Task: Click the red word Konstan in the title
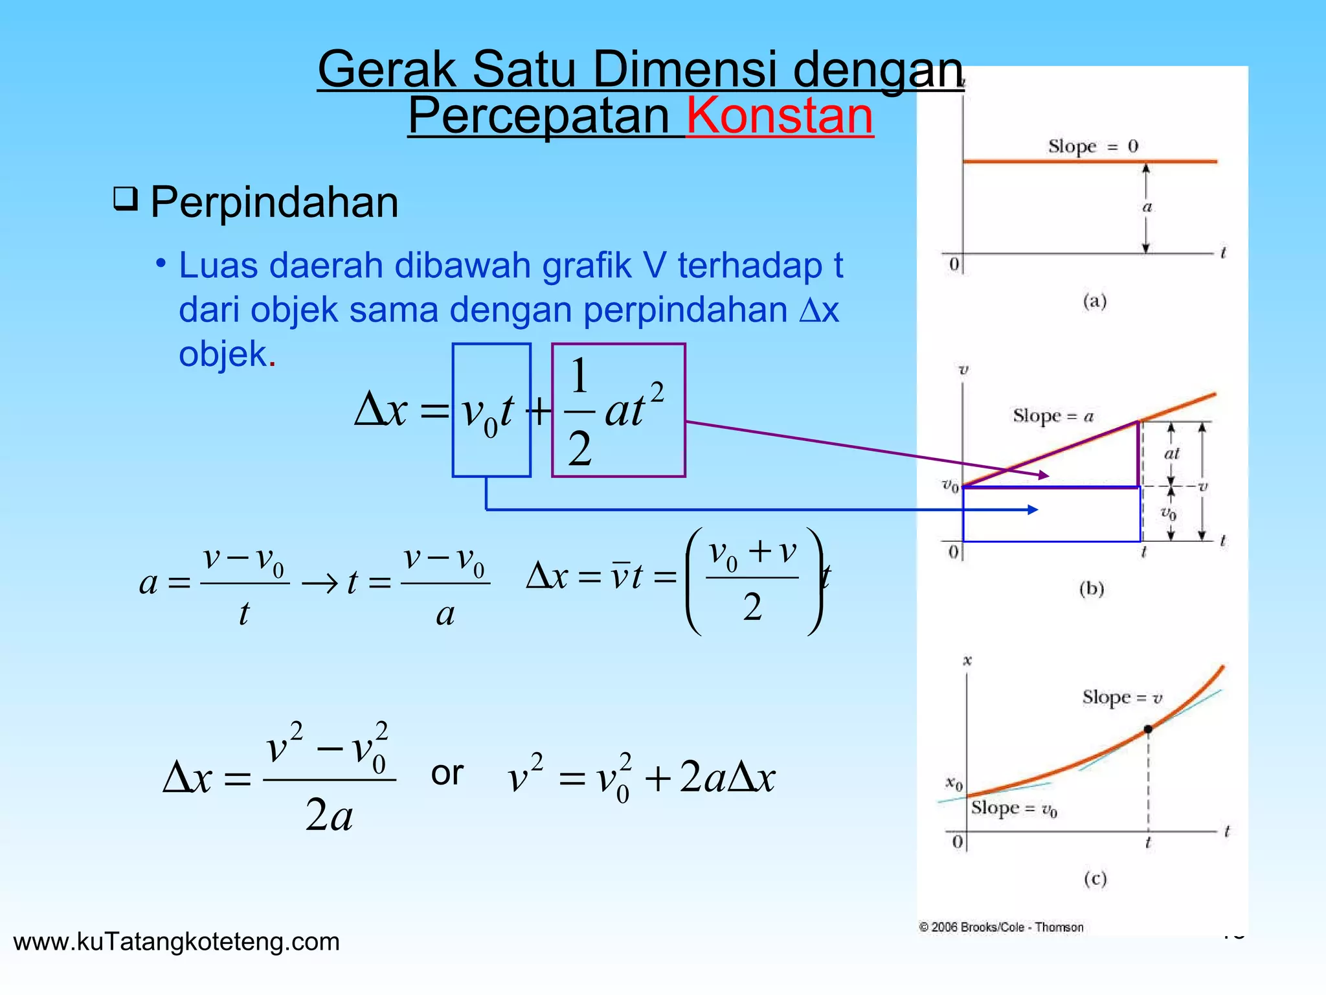pos(780,116)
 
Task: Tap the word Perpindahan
pos(274,202)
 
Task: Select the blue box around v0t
pos(491,410)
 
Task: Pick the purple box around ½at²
pos(618,410)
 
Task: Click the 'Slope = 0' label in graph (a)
pos(1093,146)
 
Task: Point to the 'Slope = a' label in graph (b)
pos(1053,416)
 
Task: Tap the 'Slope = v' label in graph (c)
pos(1122,698)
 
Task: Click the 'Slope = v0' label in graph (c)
pos(1014,808)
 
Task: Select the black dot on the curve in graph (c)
pos(1148,729)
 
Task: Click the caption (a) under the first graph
pos(1095,301)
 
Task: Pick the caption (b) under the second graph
pos(1092,589)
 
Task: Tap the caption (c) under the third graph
pos(1095,879)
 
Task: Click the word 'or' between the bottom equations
pos(447,773)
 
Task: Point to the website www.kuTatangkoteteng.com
pos(176,941)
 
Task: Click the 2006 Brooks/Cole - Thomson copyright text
pos(1001,927)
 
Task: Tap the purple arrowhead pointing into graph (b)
pos(1043,475)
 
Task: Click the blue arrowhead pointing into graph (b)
pos(1033,510)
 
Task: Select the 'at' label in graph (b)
pos(1172,453)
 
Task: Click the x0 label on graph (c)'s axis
pos(954,784)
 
